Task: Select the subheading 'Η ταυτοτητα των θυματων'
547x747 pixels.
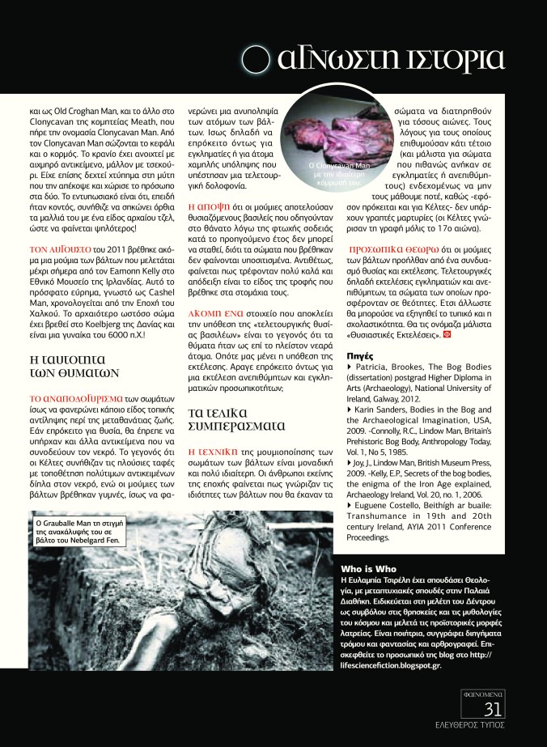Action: pyautogui.click(x=74, y=363)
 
